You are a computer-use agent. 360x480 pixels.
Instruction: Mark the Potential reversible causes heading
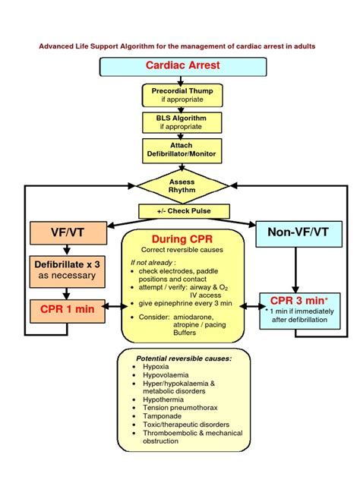click(183, 358)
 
